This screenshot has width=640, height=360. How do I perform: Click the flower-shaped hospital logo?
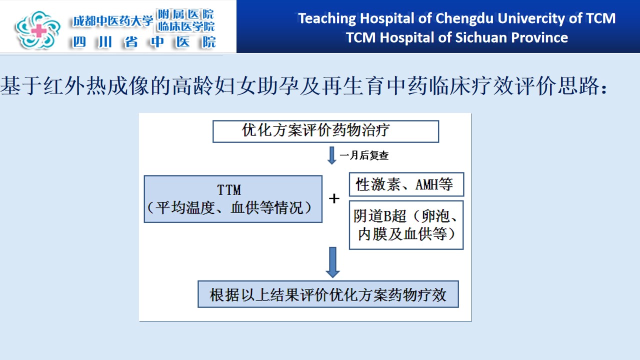[37, 29]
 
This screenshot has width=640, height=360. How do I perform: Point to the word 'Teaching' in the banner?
[327, 19]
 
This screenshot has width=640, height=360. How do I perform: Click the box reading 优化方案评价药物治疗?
[325, 131]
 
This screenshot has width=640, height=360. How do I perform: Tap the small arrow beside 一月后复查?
[331, 155]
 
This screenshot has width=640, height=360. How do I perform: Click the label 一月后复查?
[364, 155]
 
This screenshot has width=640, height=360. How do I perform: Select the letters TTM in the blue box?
[229, 190]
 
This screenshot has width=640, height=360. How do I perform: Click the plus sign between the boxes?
[334, 198]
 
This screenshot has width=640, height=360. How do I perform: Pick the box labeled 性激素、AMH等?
[406, 184]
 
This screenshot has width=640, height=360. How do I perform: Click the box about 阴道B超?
[406, 225]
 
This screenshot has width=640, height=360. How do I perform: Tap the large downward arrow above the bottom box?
[332, 262]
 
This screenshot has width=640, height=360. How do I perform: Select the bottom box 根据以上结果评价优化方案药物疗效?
[328, 294]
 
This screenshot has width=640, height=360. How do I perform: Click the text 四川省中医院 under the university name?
[144, 42]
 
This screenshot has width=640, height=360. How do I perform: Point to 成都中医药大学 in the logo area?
[113, 21]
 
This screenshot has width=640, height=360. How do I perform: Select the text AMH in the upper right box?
[427, 184]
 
